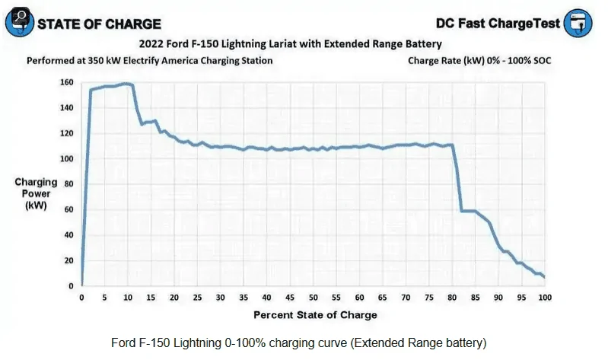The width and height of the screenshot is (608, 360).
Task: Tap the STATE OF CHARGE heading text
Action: coord(98,24)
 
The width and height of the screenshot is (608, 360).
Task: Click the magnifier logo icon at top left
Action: coord(18,23)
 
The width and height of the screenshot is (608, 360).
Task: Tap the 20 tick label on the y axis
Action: coord(68,260)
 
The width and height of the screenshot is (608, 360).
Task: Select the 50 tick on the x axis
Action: coord(313,298)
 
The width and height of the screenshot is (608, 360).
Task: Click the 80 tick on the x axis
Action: coord(452,298)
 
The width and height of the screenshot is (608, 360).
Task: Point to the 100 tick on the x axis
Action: coord(543,298)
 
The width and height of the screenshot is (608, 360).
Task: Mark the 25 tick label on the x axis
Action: coord(197,298)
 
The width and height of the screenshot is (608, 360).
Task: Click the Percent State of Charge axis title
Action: coord(314,314)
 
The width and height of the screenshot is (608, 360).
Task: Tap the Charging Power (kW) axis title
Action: coord(36,193)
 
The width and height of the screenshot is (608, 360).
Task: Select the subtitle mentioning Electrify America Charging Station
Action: coord(149,60)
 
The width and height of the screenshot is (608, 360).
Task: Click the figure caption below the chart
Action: coord(302,342)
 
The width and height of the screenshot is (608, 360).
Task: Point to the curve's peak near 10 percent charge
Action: coord(126,84)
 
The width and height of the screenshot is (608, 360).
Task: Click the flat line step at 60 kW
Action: coord(469,211)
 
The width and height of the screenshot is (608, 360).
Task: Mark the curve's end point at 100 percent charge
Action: coord(544,277)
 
